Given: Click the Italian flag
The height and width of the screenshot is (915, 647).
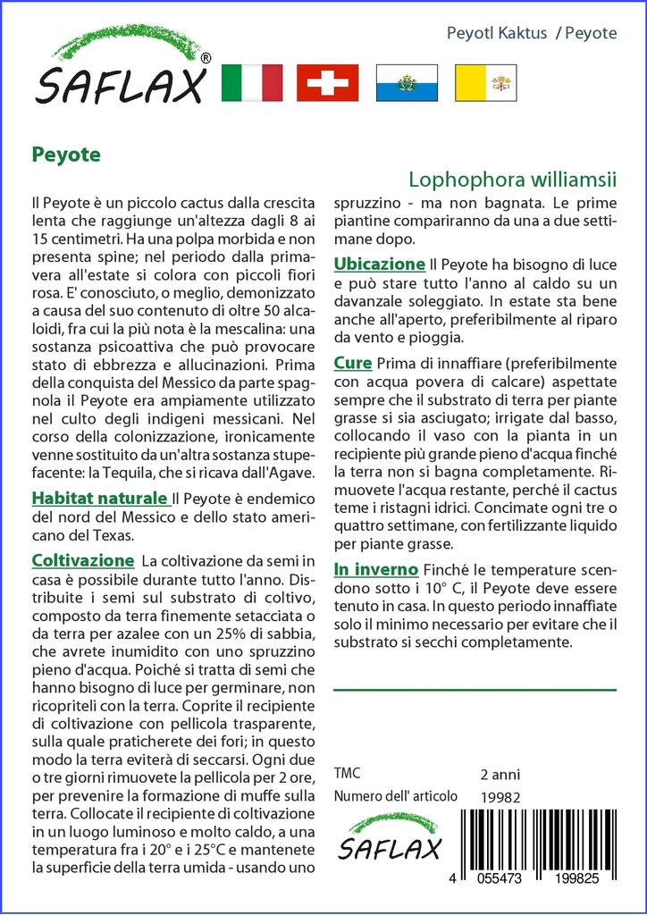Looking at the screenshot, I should coord(251,83).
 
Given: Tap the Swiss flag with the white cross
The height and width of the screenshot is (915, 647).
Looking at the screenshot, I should coord(328,83).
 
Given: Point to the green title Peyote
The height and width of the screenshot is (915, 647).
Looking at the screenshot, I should coord(66,153).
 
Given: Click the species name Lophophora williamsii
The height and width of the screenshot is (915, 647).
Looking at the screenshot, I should coord(513,179).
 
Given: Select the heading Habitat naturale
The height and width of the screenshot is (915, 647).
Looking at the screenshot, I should coord(99,498).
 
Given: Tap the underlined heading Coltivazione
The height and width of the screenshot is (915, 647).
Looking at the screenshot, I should coord(82,560).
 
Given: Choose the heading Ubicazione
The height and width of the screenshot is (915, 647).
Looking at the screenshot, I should coord(379,264).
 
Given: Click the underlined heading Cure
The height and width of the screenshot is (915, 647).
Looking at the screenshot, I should coord(353,364).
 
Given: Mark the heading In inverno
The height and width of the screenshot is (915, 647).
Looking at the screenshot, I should coord(375,569).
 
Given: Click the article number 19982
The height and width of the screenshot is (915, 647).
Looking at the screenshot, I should coord(500,797).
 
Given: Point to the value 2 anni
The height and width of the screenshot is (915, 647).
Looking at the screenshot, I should coord(500,775).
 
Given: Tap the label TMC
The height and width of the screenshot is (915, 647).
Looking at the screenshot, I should coord(347,774).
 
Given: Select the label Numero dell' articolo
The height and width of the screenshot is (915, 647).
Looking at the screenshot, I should coord(395,796).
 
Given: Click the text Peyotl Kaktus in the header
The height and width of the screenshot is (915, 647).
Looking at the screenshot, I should coord(496,33).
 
